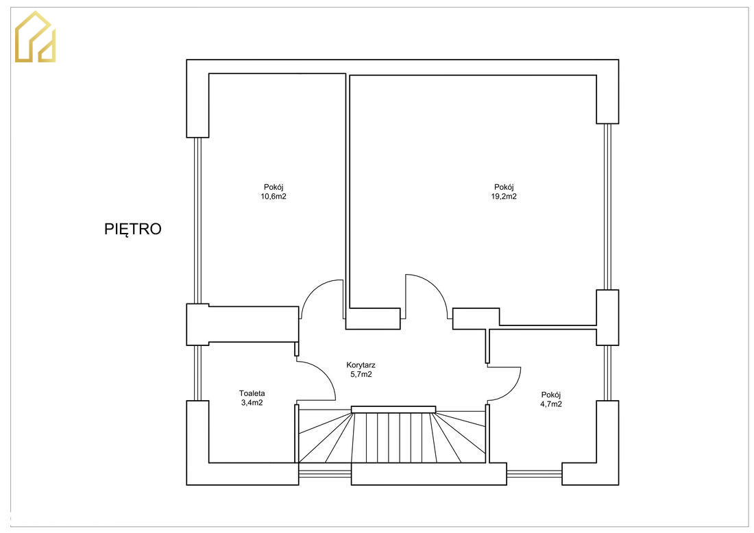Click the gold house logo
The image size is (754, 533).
(35, 37)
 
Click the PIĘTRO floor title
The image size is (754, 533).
(133, 230)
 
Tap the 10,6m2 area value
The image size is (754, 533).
(273, 196)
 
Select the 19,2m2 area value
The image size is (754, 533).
(504, 196)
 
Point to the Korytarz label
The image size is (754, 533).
(361, 365)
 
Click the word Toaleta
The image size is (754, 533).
(252, 393)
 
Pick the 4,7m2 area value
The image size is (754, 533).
(551, 404)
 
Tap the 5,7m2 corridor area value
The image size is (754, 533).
(361, 374)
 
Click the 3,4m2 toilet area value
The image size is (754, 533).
(252, 403)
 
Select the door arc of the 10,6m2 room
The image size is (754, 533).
(312, 289)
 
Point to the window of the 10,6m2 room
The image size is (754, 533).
(197, 221)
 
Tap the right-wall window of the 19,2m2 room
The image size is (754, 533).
(608, 207)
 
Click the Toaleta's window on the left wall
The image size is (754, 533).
(197, 373)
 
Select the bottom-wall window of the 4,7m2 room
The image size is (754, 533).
(534, 474)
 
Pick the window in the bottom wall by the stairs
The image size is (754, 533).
(325, 474)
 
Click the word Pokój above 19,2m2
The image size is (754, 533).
(504, 187)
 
